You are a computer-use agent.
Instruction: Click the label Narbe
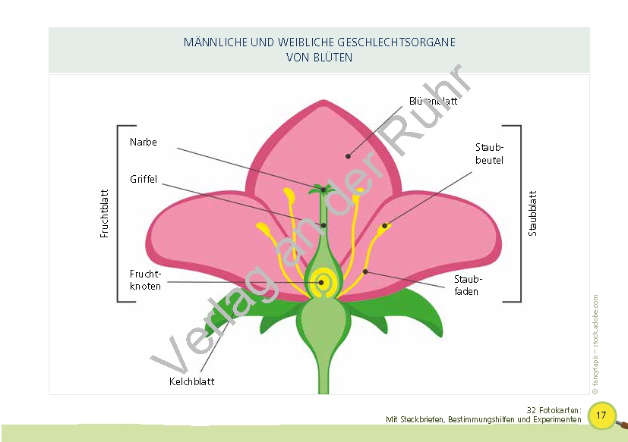144,142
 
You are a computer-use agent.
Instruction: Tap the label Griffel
144,180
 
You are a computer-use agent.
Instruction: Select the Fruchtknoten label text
145,280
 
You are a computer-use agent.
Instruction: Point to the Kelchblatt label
191,381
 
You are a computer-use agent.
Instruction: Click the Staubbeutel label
489,154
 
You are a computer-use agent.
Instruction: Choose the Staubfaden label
467,286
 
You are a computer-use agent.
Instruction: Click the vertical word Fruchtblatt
105,214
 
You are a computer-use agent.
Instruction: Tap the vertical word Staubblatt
532,213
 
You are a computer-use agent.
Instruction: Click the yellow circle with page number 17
601,415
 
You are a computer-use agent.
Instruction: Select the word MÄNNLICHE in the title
215,42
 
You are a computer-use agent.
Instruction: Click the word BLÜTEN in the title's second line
333,57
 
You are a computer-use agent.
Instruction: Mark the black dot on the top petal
349,156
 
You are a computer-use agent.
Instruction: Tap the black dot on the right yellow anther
385,225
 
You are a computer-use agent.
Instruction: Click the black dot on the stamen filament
365,271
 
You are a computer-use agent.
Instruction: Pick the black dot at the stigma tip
323,189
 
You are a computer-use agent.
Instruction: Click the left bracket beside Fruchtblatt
120,214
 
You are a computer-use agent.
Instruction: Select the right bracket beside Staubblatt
519,214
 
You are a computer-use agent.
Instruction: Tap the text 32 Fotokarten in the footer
554,410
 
